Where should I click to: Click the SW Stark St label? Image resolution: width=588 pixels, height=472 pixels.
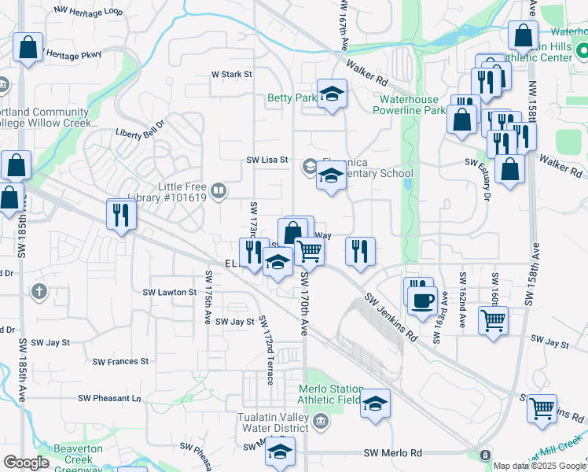(230, 75)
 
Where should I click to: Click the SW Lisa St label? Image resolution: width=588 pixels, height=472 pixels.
(268, 160)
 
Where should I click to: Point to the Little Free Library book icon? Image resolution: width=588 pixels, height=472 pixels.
(219, 190)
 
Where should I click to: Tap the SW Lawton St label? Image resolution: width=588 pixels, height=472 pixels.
(169, 292)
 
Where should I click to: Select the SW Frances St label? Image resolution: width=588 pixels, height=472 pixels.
(120, 362)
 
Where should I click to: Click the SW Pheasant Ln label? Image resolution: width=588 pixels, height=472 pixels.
(108, 398)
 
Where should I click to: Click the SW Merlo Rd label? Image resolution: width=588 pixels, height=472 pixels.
(393, 453)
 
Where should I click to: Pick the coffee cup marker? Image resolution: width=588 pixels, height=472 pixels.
(423, 299)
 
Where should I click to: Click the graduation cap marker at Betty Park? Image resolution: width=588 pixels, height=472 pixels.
(332, 94)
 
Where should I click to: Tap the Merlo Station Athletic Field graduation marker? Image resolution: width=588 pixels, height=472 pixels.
(376, 404)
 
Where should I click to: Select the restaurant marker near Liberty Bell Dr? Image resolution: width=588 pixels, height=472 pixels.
(120, 213)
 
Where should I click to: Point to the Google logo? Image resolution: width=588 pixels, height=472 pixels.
(26, 463)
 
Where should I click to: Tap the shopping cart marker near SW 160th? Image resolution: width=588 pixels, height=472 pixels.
(494, 319)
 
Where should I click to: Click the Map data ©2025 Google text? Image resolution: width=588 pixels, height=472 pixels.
(538, 466)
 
